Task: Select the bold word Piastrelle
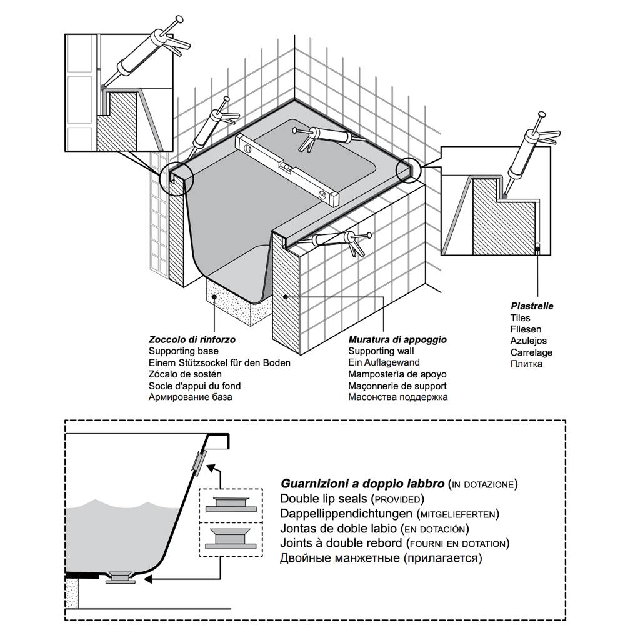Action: click(532, 307)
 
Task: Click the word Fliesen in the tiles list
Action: click(526, 329)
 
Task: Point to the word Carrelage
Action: click(531, 352)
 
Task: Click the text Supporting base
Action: click(181, 352)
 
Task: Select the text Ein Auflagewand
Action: click(384, 363)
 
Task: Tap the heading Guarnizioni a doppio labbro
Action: click(362, 484)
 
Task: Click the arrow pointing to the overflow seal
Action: click(214, 469)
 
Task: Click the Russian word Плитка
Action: click(526, 364)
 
